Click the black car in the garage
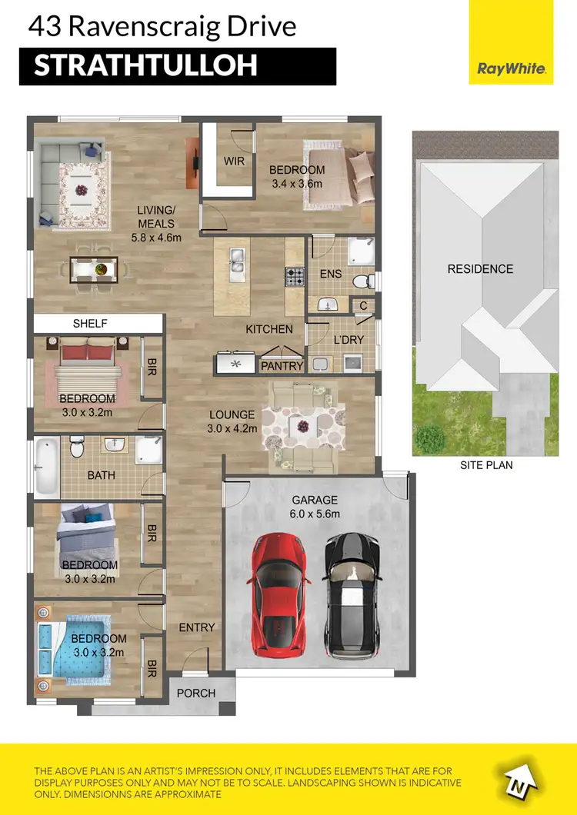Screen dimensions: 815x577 [351, 594]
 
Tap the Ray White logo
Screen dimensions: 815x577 [512, 68]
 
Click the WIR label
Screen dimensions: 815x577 [234, 161]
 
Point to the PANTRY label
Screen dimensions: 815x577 [282, 366]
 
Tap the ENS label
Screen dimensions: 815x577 [331, 274]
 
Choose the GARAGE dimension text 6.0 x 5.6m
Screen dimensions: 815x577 [315, 514]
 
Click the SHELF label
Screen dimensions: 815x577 [90, 324]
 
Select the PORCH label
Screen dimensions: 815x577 [196, 693]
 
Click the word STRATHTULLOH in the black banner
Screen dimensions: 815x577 [145, 66]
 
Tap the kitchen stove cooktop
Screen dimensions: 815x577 [295, 276]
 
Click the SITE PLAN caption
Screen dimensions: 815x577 [486, 464]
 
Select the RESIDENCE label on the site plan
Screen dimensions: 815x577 [480, 268]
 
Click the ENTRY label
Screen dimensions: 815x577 [197, 627]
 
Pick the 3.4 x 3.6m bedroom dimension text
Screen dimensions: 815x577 [298, 184]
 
